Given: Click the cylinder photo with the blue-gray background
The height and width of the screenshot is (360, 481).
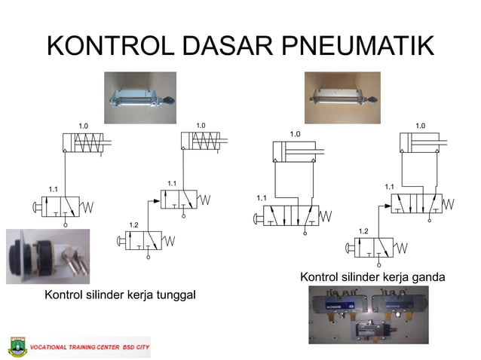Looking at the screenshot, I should [139, 97].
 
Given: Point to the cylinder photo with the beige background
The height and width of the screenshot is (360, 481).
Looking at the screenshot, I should [342, 97].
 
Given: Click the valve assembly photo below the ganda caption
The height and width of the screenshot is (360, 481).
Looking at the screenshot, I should [368, 316].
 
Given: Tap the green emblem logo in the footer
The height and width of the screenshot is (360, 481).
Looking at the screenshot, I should [17, 347].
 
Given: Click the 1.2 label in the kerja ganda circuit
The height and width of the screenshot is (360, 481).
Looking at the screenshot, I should [363, 230].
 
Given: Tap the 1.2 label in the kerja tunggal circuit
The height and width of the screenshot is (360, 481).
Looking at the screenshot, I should [133, 225].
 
